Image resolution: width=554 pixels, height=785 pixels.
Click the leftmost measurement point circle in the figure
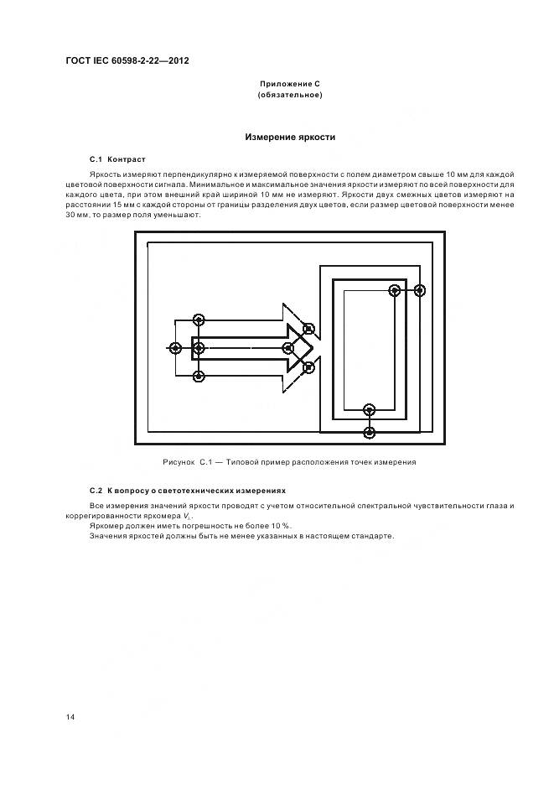tap(174, 347)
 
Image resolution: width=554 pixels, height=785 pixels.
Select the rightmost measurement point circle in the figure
tap(420, 290)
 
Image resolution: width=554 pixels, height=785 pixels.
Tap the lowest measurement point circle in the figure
tap(370, 432)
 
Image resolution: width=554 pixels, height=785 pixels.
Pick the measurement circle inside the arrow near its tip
tap(288, 347)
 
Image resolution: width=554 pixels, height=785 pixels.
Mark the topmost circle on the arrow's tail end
tap(199, 319)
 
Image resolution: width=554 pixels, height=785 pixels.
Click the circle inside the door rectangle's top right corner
tap(394, 290)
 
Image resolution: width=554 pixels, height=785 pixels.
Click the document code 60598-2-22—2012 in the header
tap(140, 60)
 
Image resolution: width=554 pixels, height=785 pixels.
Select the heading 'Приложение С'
tap(290, 85)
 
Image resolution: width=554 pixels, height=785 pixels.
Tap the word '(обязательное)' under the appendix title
tap(290, 96)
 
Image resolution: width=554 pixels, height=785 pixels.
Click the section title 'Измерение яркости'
tap(290, 137)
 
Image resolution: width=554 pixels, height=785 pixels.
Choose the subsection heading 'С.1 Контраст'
tap(117, 159)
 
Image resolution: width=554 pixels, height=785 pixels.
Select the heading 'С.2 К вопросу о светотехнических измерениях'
tap(187, 490)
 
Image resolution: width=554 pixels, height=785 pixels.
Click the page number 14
tap(70, 717)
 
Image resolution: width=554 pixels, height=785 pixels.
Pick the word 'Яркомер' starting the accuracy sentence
tap(105, 525)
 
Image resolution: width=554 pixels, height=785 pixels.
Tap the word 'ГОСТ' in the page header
tap(80, 60)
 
